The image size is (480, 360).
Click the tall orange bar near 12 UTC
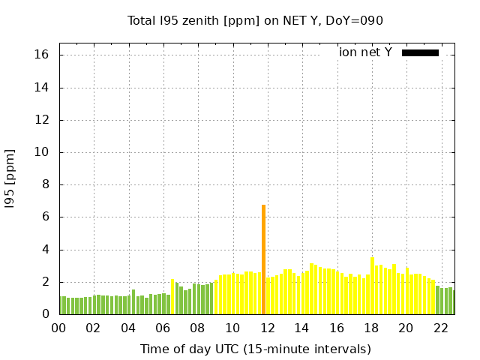(x=263, y=259)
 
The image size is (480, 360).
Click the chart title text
(x=255, y=21)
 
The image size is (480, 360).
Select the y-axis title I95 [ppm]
(x=10, y=178)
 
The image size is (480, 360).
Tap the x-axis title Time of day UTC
(x=255, y=349)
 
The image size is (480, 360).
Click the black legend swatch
(x=420, y=52)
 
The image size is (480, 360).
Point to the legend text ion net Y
(x=365, y=52)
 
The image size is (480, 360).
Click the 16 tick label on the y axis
(x=41, y=55)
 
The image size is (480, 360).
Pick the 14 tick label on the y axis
(x=41, y=88)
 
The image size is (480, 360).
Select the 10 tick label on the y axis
(x=41, y=152)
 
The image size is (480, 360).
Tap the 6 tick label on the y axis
(x=45, y=217)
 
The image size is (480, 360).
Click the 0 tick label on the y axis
(x=45, y=314)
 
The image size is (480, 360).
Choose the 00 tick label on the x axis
(x=58, y=328)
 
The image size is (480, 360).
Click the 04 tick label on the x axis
(x=128, y=328)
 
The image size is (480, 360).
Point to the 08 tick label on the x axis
(x=197, y=328)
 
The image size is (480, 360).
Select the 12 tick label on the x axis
(x=267, y=328)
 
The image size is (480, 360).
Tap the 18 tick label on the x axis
(x=371, y=328)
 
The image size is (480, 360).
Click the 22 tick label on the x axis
(x=440, y=328)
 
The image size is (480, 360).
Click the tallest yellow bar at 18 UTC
(x=372, y=286)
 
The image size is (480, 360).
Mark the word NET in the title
(x=279, y=21)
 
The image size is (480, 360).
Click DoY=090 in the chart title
(x=355, y=21)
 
